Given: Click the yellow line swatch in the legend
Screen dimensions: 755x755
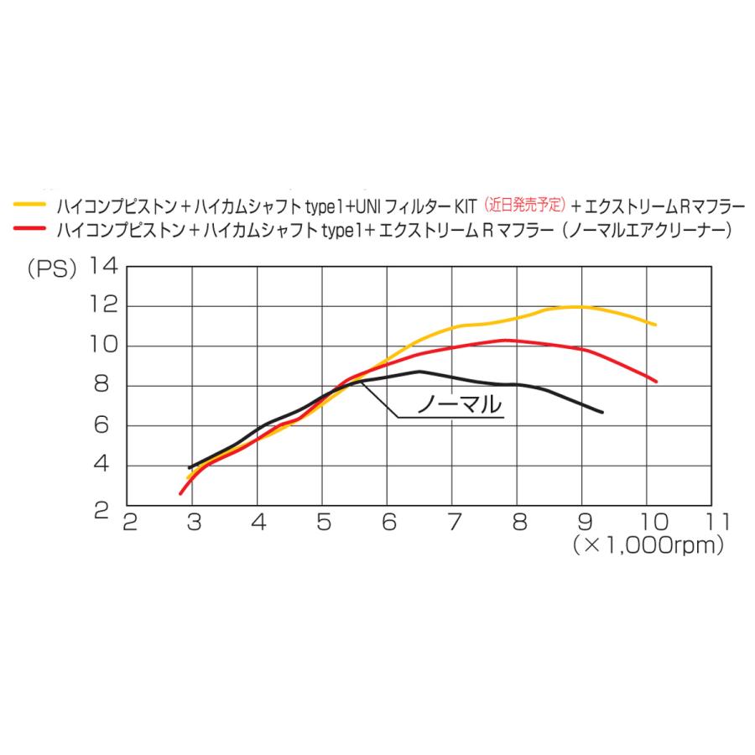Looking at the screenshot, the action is click(30, 204).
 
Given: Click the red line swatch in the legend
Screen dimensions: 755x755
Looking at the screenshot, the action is click(30, 227).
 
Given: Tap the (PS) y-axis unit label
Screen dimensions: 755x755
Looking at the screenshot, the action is click(52, 268).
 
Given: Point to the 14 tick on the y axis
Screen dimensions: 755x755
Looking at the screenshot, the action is click(104, 266).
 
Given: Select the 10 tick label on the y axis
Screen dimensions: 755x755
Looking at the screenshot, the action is click(104, 345).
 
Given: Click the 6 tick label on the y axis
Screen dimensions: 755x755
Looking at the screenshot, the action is click(102, 424).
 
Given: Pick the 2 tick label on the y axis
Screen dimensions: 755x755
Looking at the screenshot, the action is click(102, 510).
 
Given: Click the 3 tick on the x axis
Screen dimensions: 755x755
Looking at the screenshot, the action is click(194, 522).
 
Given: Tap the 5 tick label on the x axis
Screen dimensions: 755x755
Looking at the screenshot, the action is click(324, 522).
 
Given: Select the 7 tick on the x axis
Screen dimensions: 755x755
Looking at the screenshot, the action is click(454, 522).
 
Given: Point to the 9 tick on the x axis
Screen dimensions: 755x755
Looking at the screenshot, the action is click(585, 522).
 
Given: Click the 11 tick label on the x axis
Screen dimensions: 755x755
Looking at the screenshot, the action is click(717, 522).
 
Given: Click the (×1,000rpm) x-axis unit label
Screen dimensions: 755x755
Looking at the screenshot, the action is click(648, 546).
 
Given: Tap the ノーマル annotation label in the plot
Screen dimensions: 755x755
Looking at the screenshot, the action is click(460, 404).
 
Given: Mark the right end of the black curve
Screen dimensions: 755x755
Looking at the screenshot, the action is click(601, 412).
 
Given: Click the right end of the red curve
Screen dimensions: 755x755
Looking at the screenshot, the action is click(655, 382).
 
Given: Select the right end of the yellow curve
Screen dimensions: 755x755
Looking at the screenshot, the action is click(655, 325).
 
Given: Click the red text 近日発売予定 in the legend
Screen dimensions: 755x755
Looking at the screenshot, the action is click(524, 206).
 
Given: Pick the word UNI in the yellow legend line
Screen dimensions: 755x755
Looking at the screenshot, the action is click(368, 206).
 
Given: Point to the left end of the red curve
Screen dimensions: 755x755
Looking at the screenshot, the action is click(180, 493).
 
